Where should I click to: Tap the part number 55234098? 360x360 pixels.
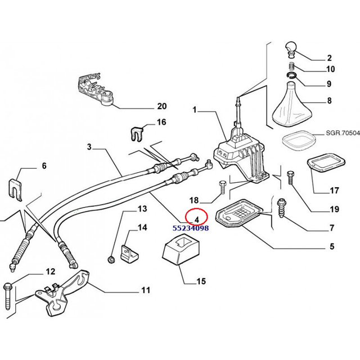(x=190, y=228)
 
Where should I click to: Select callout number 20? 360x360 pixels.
(x=162, y=106)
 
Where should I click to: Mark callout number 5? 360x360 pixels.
(x=331, y=246)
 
